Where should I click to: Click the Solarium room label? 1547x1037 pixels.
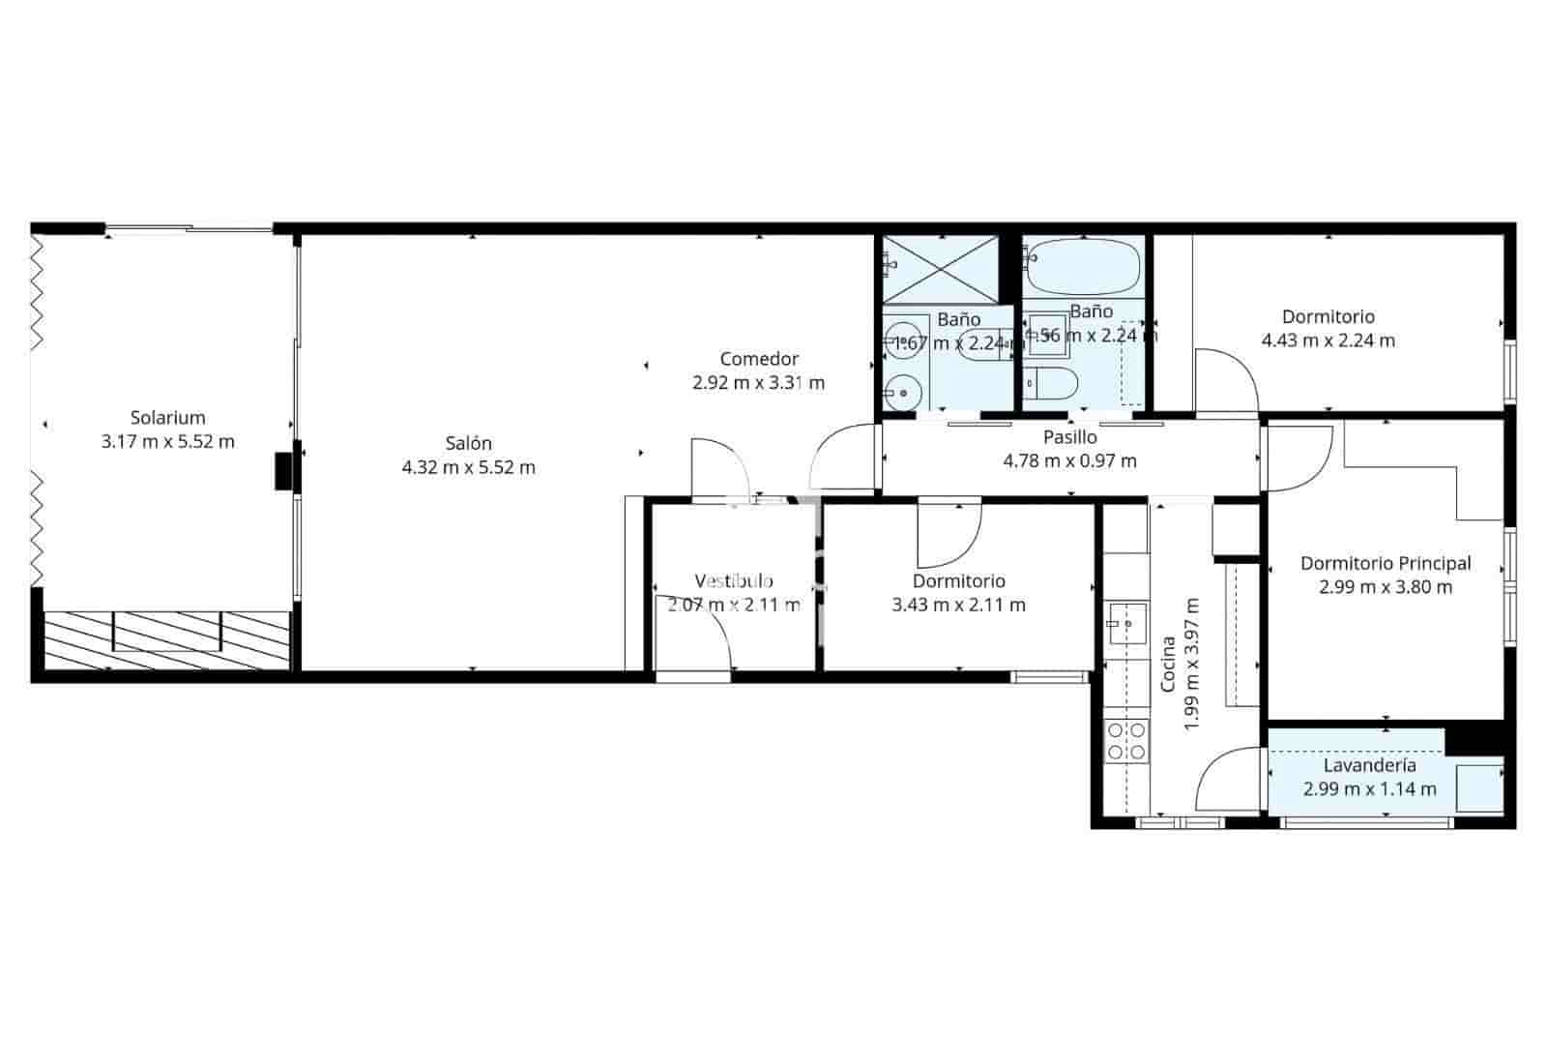point(168,418)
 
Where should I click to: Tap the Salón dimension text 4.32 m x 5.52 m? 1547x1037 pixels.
point(468,468)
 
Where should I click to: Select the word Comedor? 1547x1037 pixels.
point(759,359)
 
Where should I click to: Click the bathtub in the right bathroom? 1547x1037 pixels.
point(1082,267)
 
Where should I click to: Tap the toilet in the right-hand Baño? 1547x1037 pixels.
point(1051,384)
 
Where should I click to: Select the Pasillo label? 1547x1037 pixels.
point(1069,437)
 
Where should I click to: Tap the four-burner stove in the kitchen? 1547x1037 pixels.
point(1126,740)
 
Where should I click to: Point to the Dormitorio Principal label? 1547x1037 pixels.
point(1385,563)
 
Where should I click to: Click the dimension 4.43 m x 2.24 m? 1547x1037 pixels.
point(1328,341)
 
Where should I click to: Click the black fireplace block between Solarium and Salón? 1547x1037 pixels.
point(283,471)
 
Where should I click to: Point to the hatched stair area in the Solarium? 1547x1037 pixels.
point(166,638)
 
